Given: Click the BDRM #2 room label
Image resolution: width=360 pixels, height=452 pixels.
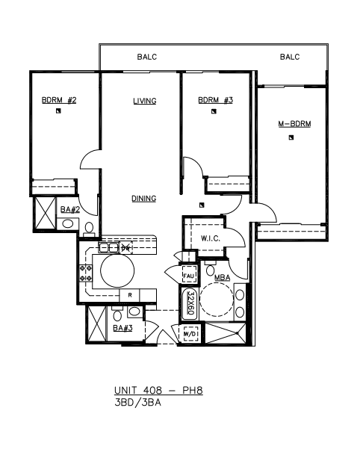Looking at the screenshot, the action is (59, 100).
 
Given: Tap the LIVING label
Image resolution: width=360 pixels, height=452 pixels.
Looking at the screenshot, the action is (145, 101).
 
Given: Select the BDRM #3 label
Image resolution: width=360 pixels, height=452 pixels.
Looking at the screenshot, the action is (215, 100).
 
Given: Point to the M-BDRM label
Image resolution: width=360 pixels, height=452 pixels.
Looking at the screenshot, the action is (294, 124).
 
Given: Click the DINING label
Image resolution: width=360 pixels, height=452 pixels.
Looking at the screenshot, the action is (144, 199).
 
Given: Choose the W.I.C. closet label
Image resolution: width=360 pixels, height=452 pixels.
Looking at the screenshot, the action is (211, 238).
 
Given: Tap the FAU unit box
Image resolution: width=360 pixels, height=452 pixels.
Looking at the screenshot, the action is (189, 276).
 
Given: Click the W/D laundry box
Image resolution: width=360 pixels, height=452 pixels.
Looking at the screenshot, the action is (190, 334).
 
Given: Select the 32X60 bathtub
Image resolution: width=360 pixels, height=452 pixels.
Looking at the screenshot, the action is (190, 303).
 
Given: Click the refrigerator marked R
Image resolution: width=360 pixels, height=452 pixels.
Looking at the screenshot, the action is (130, 295).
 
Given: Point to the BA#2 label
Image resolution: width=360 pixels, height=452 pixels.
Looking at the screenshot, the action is (70, 210).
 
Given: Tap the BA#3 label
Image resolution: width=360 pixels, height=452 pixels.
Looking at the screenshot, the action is (122, 328).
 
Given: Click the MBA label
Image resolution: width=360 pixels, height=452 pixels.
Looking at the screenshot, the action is (223, 278).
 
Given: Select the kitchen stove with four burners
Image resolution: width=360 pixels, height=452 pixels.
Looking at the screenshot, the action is (86, 273).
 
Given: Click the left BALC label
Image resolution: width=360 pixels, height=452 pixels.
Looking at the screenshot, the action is (147, 57).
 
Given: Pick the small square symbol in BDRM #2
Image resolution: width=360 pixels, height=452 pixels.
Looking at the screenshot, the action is (58, 111).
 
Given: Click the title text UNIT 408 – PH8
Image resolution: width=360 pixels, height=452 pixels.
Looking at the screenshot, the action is (158, 390).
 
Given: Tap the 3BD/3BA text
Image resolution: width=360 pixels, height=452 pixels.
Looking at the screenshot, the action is (137, 403).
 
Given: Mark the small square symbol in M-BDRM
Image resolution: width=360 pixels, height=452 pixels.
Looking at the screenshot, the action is (291, 137).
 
